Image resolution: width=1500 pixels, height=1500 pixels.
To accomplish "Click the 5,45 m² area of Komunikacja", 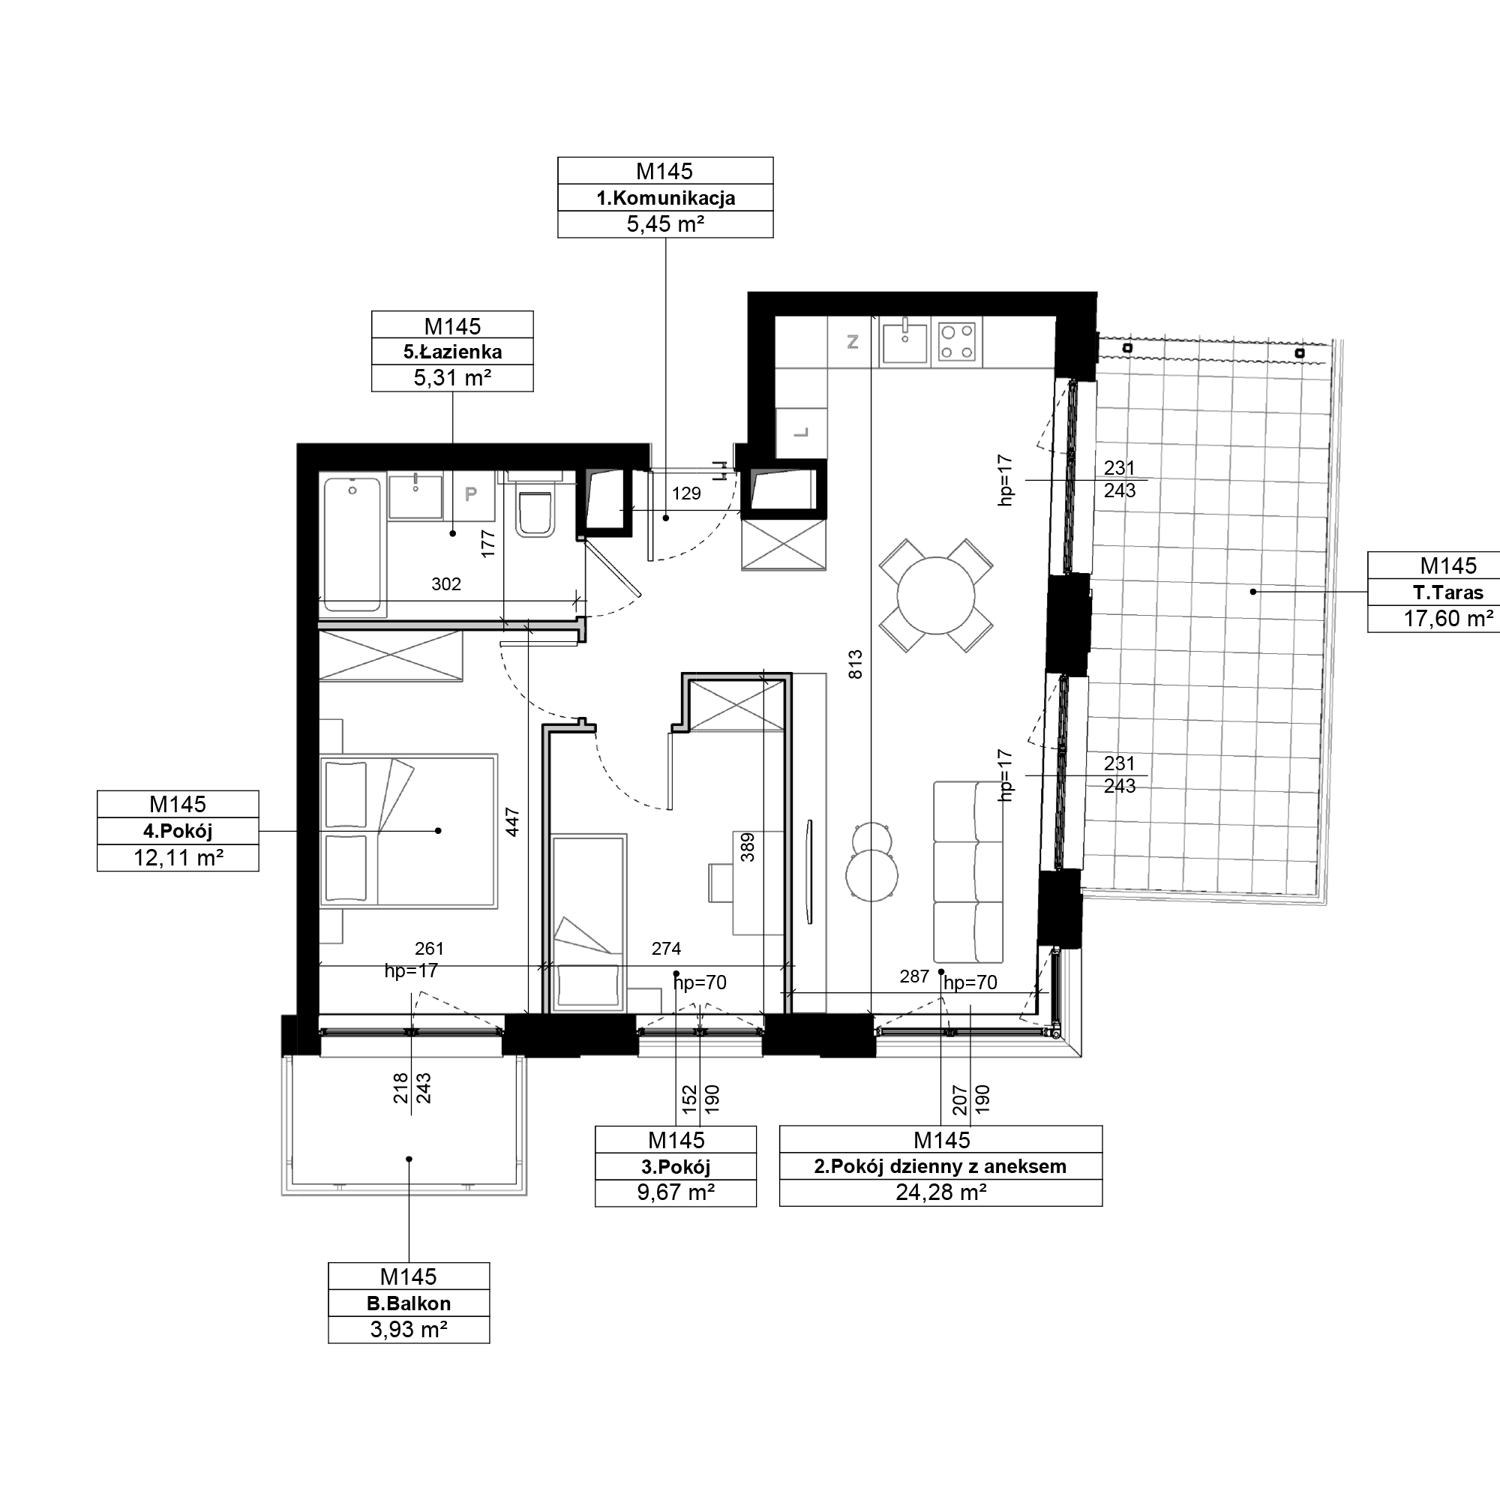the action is [665, 224].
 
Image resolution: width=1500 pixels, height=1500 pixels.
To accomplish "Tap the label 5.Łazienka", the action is [453, 352].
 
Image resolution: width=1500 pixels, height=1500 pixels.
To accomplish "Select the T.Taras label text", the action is [1448, 592].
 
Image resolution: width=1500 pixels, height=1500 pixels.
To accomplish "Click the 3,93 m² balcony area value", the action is [409, 1330].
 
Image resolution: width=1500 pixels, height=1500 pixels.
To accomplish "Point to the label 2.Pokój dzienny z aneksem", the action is [940, 1166].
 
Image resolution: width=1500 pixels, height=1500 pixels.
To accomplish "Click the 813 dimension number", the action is [855, 664].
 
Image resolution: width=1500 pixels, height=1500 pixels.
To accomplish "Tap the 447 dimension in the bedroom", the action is [512, 822].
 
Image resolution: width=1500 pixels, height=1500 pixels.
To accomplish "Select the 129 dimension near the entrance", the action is [686, 493].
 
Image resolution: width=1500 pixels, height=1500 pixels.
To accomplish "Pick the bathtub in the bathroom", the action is [353, 544].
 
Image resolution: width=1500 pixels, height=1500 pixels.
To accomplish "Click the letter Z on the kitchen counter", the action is [853, 341].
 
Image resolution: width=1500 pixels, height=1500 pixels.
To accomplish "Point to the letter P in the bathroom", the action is [470, 493].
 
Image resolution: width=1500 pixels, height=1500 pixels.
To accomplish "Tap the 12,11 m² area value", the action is [178, 858].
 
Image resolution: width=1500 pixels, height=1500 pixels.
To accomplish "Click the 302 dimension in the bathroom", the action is [446, 583].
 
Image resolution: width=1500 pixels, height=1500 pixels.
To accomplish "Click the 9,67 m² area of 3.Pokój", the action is [676, 1192].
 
